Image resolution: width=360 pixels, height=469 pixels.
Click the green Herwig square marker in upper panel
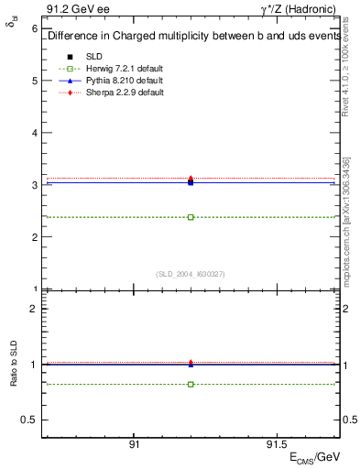(x=191, y=217)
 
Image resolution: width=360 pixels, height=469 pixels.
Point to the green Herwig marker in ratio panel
(x=191, y=384)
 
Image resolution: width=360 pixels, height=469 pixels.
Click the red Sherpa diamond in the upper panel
(x=191, y=178)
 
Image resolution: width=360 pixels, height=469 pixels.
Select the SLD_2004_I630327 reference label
(x=191, y=273)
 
